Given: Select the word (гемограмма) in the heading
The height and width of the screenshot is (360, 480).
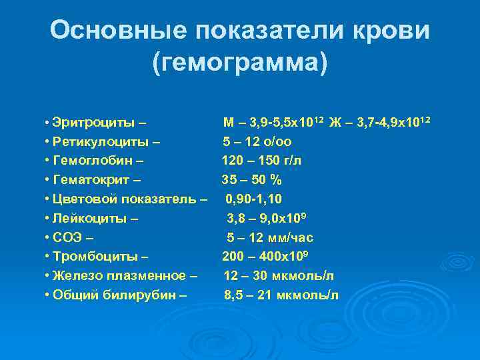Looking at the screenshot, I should pyautogui.click(x=240, y=63).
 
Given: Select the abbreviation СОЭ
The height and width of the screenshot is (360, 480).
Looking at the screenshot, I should pyautogui.click(x=67, y=237).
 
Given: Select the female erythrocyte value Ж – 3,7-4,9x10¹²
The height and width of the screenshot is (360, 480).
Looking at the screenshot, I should pyautogui.click(x=380, y=123).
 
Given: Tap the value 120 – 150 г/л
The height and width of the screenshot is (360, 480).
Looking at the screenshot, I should pyautogui.click(x=261, y=161).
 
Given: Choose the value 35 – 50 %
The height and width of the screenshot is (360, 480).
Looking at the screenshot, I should pyautogui.click(x=251, y=179).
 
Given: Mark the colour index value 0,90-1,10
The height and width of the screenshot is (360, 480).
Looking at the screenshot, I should pyautogui.click(x=254, y=199).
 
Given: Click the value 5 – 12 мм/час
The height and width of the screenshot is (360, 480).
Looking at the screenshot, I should pyautogui.click(x=270, y=237).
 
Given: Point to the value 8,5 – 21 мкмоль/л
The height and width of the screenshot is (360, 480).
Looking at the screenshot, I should pyautogui.click(x=281, y=295).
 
